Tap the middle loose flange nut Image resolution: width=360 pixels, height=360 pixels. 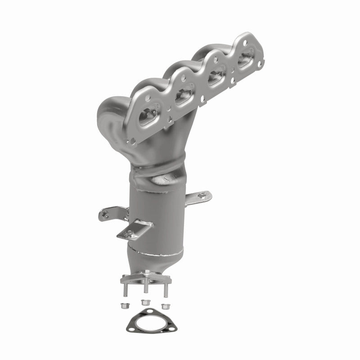pyautogui.click(x=145, y=302)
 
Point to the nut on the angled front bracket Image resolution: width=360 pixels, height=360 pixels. pyautogui.click(x=131, y=233)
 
